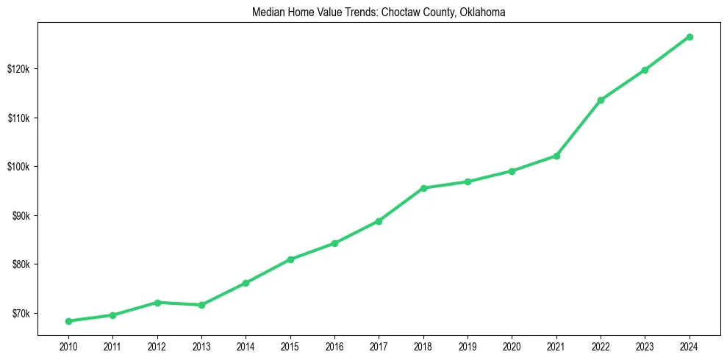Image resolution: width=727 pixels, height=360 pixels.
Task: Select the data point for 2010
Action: [x=68, y=321]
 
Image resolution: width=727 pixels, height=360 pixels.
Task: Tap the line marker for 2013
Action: [x=201, y=305]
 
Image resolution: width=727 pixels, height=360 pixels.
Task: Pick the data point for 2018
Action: [x=423, y=188]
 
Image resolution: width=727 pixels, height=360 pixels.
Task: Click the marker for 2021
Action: [x=556, y=156]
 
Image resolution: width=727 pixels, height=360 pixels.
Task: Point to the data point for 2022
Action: [x=601, y=100]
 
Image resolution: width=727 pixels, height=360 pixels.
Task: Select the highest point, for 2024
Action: [x=690, y=37]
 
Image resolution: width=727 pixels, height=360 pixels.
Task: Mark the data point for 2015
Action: [x=290, y=259]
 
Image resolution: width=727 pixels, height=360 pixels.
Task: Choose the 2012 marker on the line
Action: [x=157, y=303]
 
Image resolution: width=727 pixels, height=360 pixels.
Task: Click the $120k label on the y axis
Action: [x=18, y=69]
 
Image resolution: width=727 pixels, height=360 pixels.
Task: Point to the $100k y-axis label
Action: [x=18, y=167]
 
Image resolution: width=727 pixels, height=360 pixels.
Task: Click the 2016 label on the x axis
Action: [x=334, y=346]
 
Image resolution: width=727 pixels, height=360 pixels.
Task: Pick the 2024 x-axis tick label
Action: [x=690, y=346]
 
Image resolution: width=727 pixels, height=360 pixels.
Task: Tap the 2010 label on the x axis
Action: [x=68, y=346]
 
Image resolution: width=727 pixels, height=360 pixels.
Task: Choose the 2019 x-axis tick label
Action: [x=468, y=346]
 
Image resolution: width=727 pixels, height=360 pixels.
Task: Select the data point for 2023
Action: [x=645, y=70]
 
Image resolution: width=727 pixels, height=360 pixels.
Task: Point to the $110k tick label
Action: [x=18, y=118]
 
